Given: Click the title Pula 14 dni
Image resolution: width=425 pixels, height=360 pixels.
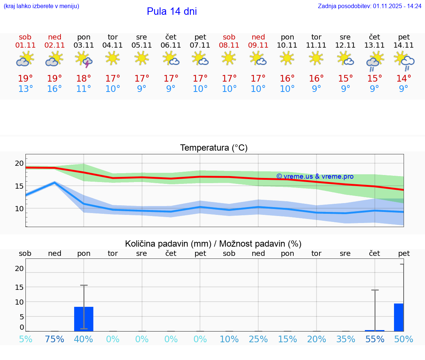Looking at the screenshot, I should (172, 11).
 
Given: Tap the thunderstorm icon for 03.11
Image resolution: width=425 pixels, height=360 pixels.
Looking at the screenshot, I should (84, 59).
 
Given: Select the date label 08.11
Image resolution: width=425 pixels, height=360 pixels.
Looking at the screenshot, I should (229, 45).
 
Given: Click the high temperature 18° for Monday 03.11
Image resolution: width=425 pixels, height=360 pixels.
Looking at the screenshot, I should (84, 78).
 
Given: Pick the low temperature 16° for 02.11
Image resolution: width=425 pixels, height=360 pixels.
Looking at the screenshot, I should (55, 89).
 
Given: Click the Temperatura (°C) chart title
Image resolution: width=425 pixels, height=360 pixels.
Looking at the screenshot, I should (214, 148).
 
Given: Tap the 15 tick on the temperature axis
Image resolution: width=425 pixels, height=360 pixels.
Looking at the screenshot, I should (19, 186).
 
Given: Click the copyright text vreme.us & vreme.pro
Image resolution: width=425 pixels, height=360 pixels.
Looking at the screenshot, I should (315, 176).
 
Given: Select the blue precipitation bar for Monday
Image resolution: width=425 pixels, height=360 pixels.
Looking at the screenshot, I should (84, 319).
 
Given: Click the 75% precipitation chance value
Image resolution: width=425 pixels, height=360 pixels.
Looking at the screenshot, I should (55, 339).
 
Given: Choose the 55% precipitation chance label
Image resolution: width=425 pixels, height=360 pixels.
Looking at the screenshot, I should (375, 339).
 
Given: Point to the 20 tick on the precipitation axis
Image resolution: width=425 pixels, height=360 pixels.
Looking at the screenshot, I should (19, 269).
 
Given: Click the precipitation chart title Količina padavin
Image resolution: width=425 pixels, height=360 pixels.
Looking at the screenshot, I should (213, 244).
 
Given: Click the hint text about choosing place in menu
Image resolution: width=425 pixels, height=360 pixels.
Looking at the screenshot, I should (41, 6).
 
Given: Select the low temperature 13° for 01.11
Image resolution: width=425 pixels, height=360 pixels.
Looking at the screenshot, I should (25, 89).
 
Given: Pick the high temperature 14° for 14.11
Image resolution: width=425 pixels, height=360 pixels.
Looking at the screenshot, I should (404, 78).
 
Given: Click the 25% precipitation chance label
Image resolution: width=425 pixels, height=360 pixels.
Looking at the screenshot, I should (258, 339).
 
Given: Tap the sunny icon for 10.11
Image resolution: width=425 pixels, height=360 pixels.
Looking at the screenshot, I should (287, 58).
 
